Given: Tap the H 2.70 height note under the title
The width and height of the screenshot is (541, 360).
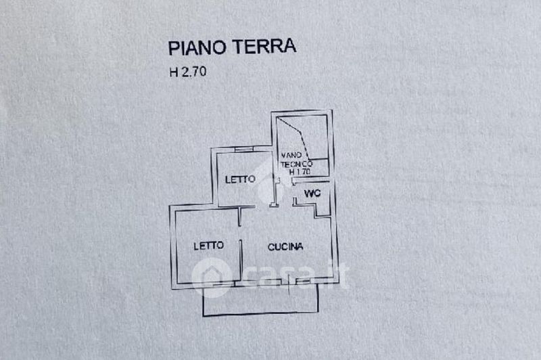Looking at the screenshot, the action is click(x=188, y=72).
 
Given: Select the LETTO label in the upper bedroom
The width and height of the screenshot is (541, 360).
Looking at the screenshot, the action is click(x=240, y=179).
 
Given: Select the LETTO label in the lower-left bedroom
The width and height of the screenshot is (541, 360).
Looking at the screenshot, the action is click(x=209, y=246).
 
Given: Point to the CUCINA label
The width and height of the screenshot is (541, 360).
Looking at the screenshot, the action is click(x=285, y=247).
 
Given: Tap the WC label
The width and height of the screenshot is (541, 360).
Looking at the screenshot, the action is click(x=312, y=194).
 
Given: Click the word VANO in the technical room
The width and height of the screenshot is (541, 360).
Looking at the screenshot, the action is click(x=292, y=156).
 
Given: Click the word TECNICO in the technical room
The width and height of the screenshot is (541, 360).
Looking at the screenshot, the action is click(x=297, y=164).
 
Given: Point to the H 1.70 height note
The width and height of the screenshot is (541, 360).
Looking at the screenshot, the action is click(x=300, y=171).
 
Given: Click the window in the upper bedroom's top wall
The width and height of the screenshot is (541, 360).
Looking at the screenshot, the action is click(x=244, y=149).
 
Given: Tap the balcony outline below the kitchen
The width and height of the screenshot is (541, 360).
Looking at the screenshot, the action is click(x=260, y=314).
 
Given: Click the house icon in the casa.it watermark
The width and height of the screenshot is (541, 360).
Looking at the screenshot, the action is click(x=211, y=277).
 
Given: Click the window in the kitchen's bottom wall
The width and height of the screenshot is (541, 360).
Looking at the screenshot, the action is click(x=303, y=282).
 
